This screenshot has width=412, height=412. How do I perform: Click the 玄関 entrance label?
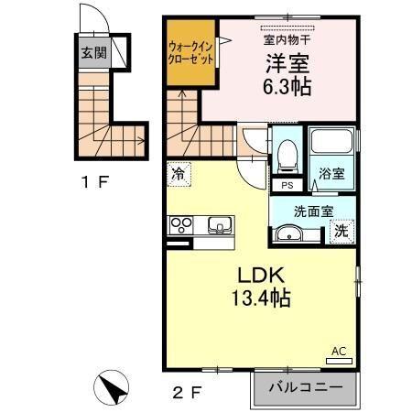click(92, 53)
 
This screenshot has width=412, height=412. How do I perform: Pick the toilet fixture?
click(288, 156)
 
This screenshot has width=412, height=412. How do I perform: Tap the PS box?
click(287, 185)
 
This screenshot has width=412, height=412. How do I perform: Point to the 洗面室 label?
click(313, 210)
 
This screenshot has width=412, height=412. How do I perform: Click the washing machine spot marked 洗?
click(341, 232)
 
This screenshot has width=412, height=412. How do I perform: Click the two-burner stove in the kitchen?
click(180, 224)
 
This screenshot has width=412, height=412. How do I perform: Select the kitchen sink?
click(219, 224)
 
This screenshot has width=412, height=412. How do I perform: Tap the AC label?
click(338, 351)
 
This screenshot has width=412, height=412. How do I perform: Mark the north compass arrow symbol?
click(114, 388)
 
